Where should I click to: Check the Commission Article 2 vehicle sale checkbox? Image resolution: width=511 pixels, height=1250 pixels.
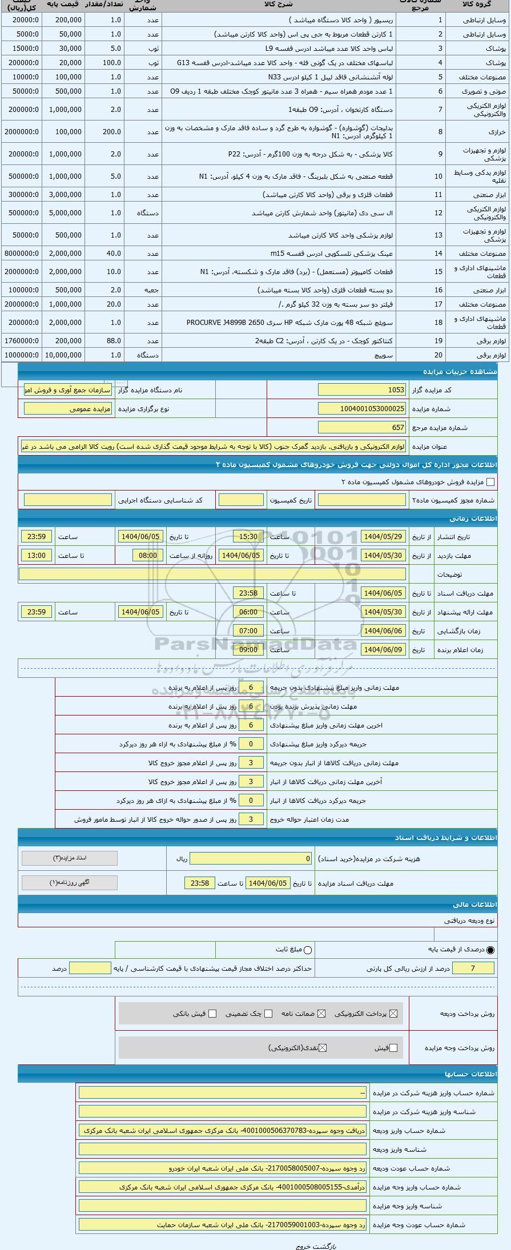click(490, 482)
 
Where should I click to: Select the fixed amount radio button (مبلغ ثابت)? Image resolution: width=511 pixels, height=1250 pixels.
click(308, 950)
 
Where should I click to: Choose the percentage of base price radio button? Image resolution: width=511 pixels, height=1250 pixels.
click(490, 950)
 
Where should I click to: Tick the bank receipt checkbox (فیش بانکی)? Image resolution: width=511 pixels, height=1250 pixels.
click(212, 1014)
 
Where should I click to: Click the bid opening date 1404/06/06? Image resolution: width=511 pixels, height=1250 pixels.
click(383, 631)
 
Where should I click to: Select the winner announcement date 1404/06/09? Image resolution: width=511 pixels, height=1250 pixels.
click(383, 650)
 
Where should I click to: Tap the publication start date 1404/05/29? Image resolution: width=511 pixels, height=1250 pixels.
click(383, 537)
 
